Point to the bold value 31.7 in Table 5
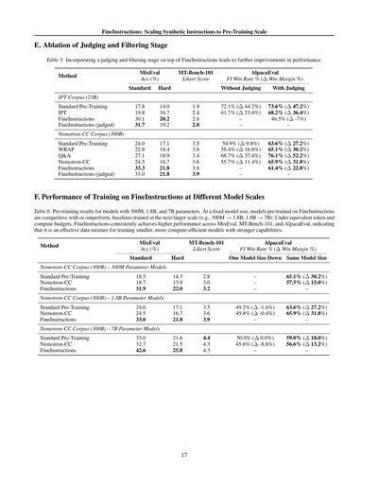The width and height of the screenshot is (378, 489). [x=140, y=124]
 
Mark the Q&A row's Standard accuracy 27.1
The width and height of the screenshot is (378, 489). [x=140, y=155]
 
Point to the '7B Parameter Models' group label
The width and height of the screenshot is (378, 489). [x=122, y=327]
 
